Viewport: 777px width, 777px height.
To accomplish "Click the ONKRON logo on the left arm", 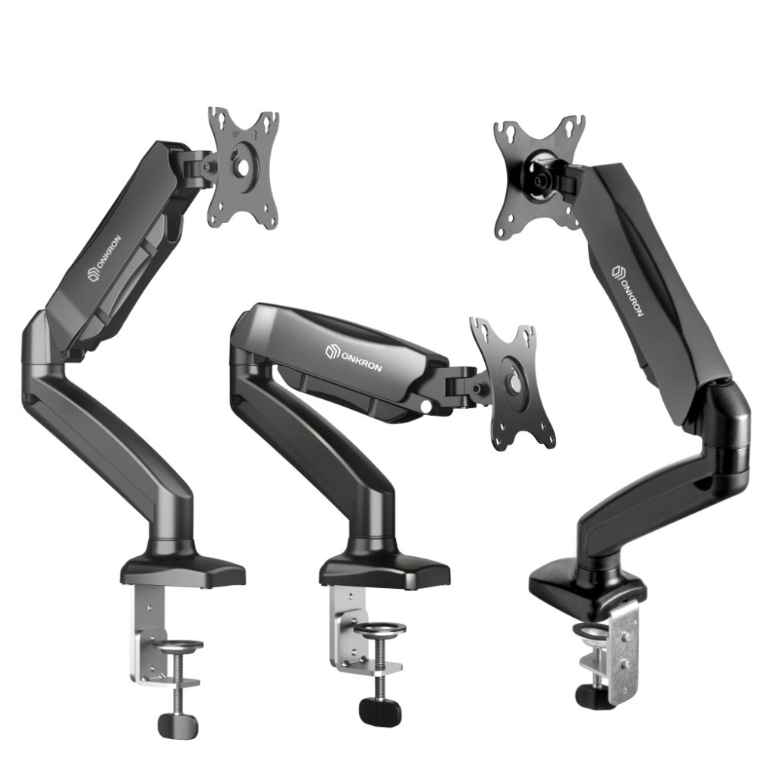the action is click(105, 260).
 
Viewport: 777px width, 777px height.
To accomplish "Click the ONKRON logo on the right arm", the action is click(628, 291).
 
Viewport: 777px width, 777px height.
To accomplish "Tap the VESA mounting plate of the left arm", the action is click(244, 169).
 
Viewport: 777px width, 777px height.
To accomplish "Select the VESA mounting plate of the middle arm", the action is click(512, 385).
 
